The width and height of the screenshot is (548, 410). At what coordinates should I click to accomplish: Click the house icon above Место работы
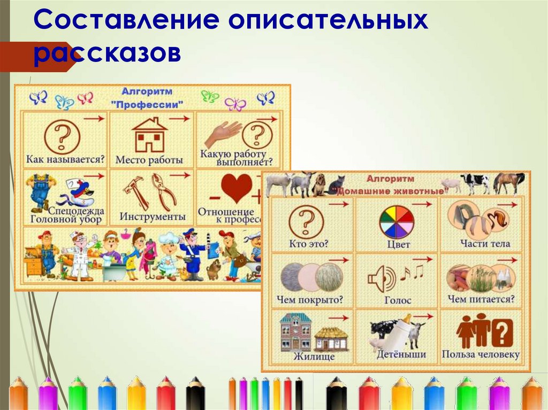(x=149, y=135)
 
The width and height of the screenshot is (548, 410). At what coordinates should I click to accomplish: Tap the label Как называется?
(x=65, y=159)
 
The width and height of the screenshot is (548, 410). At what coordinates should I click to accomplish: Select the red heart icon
(x=236, y=188)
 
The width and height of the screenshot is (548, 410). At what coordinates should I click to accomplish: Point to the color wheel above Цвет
(x=397, y=222)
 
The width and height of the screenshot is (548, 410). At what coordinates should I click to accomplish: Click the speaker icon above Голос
(x=382, y=279)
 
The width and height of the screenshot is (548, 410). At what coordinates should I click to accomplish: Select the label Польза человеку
(x=481, y=355)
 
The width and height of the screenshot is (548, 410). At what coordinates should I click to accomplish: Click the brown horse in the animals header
(x=508, y=183)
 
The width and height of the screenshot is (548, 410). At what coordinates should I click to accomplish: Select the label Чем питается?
(x=481, y=299)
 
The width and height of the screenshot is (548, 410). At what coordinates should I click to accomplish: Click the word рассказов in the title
(x=107, y=53)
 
